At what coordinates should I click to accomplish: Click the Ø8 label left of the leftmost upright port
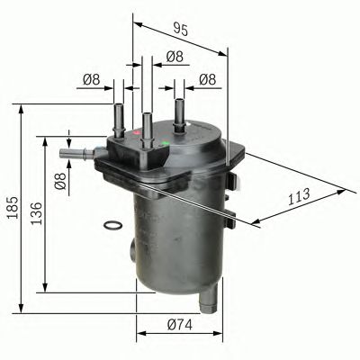pyautogui.click(x=90, y=80)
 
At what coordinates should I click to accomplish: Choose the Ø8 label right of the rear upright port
pyautogui.click(x=207, y=80)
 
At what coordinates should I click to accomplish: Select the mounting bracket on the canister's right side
pyautogui.click(x=232, y=206)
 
